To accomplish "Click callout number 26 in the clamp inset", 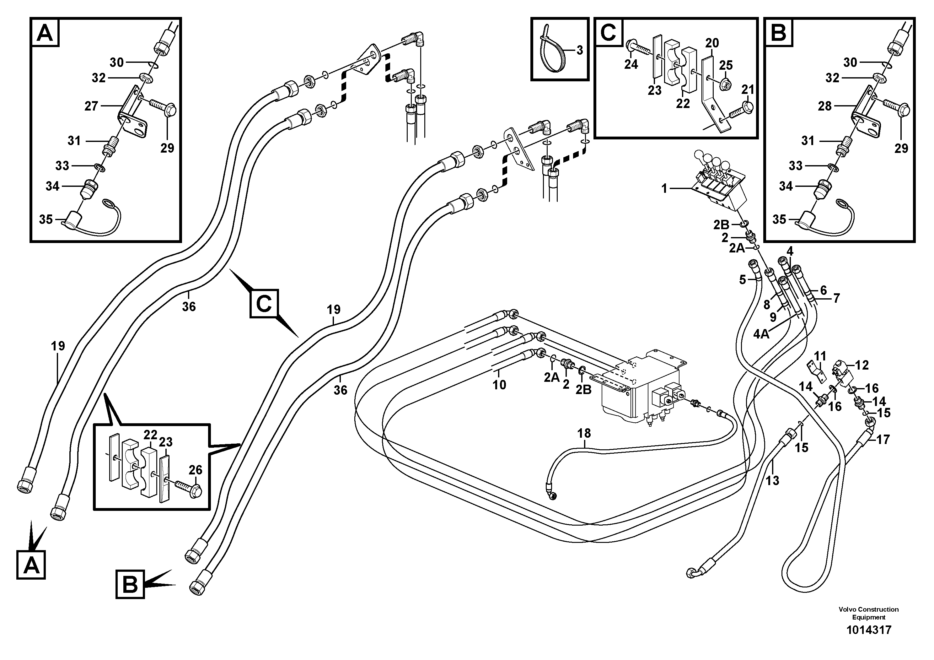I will pyautogui.click(x=195, y=470).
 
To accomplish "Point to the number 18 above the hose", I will pyautogui.click(x=584, y=433).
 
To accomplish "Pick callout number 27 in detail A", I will pyautogui.click(x=91, y=106).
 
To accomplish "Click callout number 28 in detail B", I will pyautogui.click(x=824, y=106).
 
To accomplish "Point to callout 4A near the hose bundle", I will pyautogui.click(x=761, y=334).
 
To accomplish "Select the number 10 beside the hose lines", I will pyautogui.click(x=499, y=385).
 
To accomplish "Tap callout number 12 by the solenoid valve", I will pyautogui.click(x=862, y=365).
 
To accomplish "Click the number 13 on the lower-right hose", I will pyautogui.click(x=772, y=480).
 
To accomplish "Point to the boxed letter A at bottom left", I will pyautogui.click(x=31, y=565).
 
